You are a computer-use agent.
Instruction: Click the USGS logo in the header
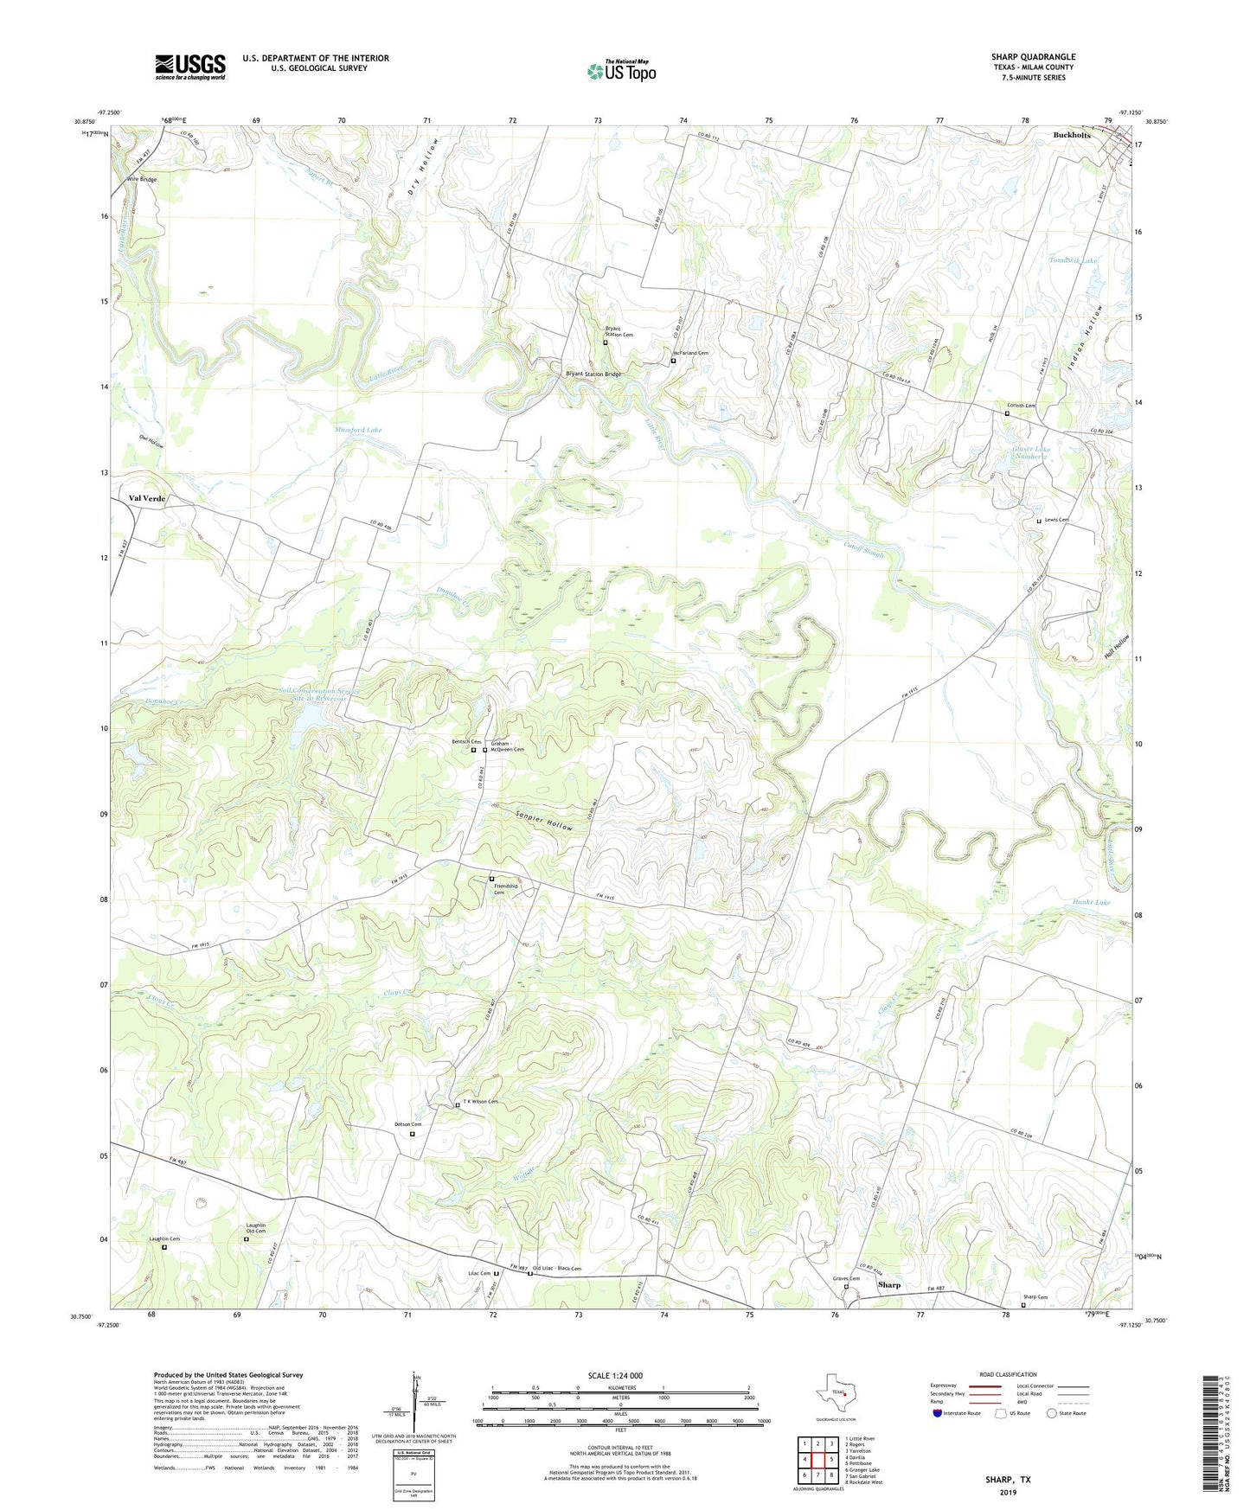[190, 67]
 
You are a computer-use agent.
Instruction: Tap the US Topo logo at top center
[621, 71]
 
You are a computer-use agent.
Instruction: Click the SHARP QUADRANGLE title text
[1033, 57]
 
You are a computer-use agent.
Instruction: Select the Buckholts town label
[1072, 136]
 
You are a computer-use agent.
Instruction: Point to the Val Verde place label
[147, 499]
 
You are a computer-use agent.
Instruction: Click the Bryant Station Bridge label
[593, 374]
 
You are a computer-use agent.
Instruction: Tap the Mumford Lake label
[358, 430]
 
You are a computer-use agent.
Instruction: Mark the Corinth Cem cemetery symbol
[1007, 413]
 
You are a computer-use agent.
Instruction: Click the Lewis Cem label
[1056, 520]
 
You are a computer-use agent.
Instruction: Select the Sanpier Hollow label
[544, 821]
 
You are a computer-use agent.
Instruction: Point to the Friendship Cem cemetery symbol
[492, 879]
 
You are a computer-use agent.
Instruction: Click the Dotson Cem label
[407, 1124]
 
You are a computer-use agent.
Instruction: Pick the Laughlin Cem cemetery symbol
[164, 1247]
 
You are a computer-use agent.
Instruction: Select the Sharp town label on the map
[889, 1285]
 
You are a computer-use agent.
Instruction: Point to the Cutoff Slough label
[864, 548]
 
